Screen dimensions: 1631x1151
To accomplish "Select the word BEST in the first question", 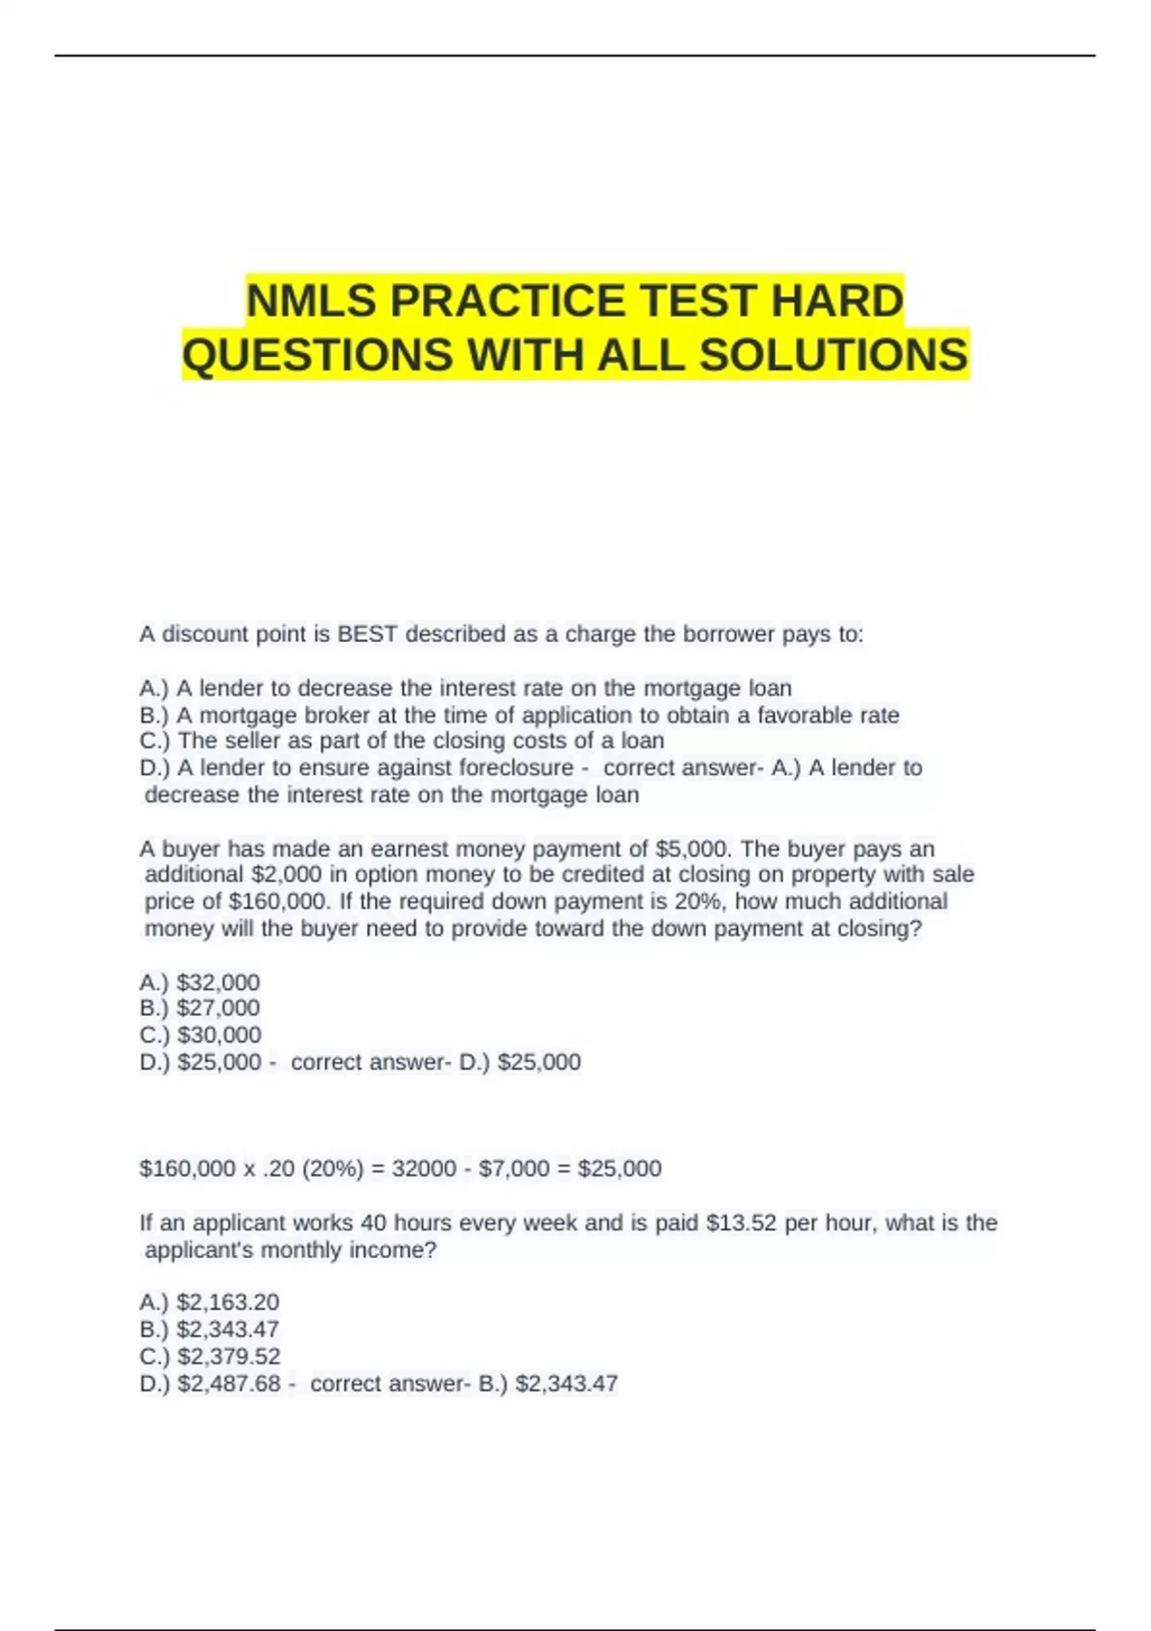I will coord(367,634).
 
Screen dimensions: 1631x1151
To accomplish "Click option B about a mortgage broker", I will coord(519,715).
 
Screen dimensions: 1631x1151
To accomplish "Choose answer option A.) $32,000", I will coord(200,982).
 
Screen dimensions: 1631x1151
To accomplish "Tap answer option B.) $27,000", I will coord(200,1008).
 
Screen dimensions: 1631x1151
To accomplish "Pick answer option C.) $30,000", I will coord(200,1035).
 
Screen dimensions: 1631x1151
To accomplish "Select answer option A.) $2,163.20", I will coord(209,1303).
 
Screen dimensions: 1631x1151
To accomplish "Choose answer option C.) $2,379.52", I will coord(209,1357).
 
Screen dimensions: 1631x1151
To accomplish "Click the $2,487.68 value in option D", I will coord(229,1383).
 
